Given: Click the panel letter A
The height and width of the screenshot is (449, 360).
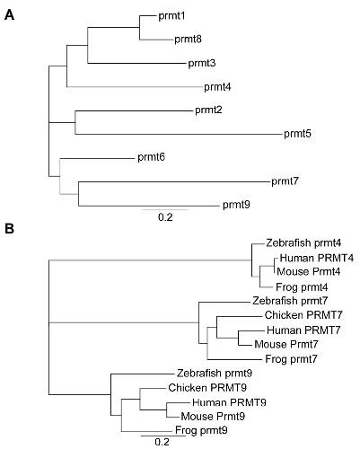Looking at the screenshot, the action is pos(9,15).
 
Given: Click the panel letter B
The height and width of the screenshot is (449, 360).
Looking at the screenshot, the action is pos(9,229).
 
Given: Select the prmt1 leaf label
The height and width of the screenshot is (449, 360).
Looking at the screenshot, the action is pos(171,16).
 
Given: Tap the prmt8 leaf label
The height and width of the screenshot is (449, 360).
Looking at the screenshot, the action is pos(188,40).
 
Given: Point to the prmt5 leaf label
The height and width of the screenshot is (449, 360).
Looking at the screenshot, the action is pos(297,134).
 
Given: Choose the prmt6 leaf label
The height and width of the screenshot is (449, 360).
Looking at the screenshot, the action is pos(151,157).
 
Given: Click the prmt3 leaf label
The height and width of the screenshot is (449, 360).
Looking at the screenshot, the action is pos(202,63).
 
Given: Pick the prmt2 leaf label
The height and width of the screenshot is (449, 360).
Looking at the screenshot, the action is pos(208,110).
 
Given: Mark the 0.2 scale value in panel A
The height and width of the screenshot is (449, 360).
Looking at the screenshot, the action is pos(165,217).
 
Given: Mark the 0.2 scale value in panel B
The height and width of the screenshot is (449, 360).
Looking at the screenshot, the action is pos(162,442).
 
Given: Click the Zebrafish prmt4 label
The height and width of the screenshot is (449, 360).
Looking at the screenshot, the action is pos(303,242).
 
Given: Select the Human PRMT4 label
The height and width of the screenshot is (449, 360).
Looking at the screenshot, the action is pos(317,258).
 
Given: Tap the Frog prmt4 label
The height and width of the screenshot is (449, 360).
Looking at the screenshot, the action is pos(302,287).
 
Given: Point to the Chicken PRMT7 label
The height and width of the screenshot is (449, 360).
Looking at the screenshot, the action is pos(303,315).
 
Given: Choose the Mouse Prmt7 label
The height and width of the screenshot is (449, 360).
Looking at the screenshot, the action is pos(286,344).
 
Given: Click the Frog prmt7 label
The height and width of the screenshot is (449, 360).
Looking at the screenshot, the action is pos(291,358).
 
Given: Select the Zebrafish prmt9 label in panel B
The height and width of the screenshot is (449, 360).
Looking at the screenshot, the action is pos(215,374).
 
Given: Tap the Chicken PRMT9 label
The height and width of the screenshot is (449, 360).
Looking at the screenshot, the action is pos(207,388).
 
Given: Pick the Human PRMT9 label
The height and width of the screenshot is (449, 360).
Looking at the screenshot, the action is pos(229,402).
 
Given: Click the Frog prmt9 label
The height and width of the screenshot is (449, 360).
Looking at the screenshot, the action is pos(201,430).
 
